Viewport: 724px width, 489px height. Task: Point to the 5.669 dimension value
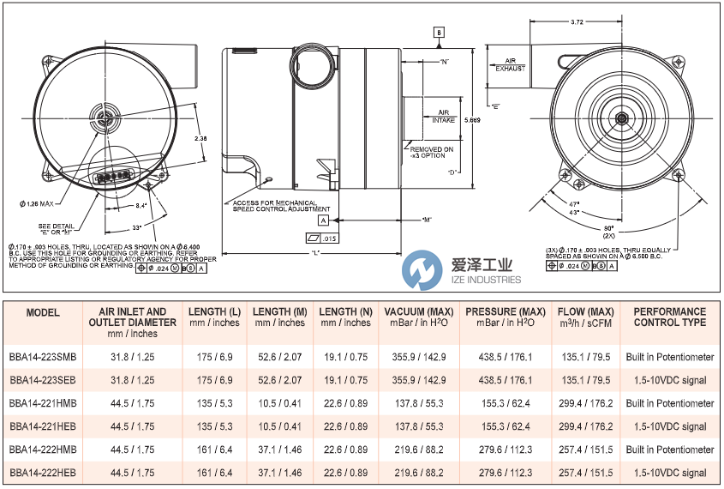[472, 121]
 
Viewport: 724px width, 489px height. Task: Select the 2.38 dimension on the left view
[200, 137]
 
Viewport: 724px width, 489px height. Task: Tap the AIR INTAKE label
[444, 116]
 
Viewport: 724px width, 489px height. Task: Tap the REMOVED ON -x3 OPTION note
[432, 153]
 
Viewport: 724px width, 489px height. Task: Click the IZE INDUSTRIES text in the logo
[485, 279]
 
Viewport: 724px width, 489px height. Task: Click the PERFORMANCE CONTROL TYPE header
[670, 317]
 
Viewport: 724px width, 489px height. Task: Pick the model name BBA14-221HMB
[43, 403]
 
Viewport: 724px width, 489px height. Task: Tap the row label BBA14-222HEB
[43, 473]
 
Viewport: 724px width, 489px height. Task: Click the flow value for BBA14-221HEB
[585, 426]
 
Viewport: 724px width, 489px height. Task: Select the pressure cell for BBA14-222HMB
[504, 450]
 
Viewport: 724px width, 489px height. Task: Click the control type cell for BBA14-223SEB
[670, 380]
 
